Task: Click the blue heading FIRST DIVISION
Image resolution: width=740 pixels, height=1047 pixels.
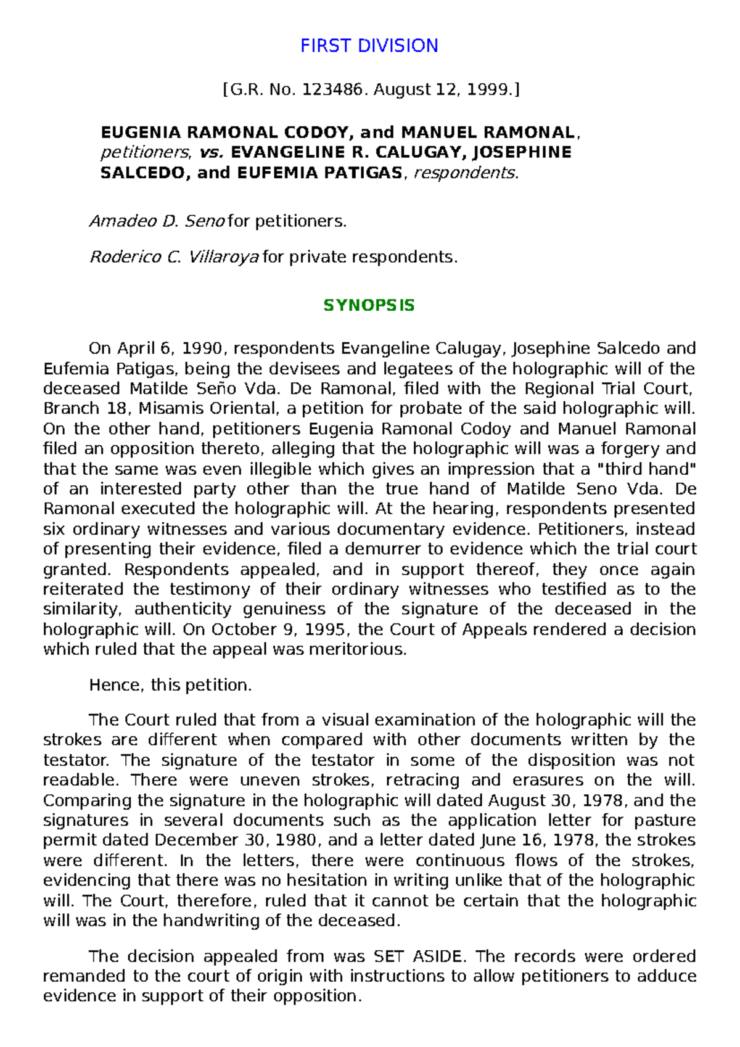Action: pos(369,46)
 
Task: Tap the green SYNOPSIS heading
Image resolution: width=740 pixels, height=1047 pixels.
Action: pos(369,306)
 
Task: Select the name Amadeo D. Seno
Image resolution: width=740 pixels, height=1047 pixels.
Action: pos(157,221)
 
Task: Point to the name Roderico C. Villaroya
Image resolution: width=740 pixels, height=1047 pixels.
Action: pos(174,257)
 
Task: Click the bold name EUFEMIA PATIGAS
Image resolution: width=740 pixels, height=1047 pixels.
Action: pos(319,173)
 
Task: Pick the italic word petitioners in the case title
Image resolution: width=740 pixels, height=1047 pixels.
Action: pos(146,153)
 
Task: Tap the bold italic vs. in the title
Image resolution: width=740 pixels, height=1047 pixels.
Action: pos(213,153)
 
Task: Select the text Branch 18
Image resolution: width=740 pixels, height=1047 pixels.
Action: pos(70,409)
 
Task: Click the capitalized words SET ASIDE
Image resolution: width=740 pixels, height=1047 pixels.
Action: pos(417,956)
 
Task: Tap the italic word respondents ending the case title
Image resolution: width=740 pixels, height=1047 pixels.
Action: pos(466,173)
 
